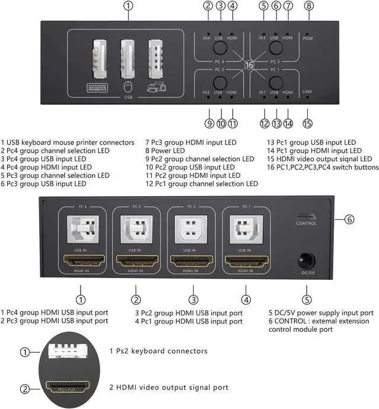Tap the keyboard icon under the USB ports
(94, 88)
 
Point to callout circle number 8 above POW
(309, 7)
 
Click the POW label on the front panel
(307, 38)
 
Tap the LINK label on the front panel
(307, 92)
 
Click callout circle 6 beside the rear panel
(350, 219)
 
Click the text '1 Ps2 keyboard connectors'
(158, 351)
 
